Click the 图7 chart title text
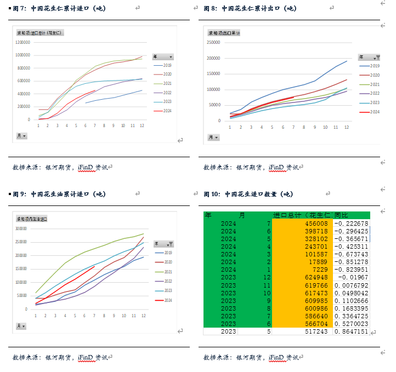[x=60, y=8]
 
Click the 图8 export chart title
[x=250, y=8]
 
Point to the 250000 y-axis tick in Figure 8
[x=213, y=42]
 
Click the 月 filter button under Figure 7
[x=21, y=136]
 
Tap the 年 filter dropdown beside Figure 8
[x=369, y=57]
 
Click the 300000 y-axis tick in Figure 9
[x=21, y=229]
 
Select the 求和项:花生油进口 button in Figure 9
[x=32, y=219]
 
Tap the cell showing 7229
[x=318, y=270]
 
